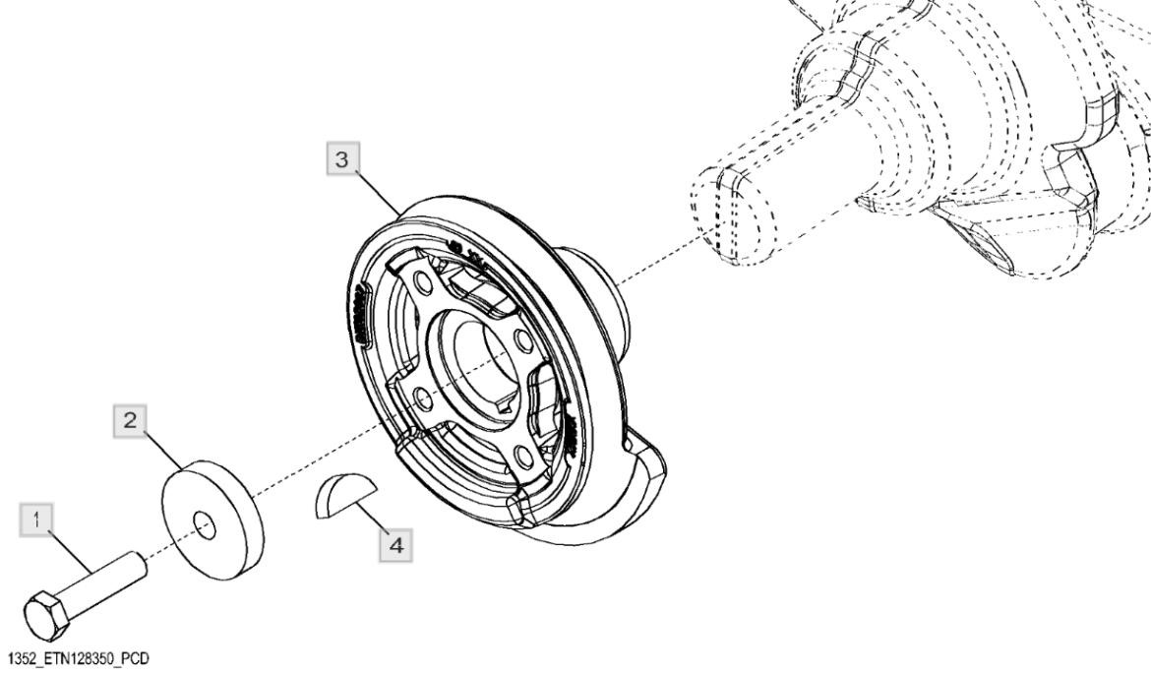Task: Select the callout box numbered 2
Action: pyautogui.click(x=130, y=420)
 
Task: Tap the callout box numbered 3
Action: pyautogui.click(x=341, y=159)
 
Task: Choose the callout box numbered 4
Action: pyautogui.click(x=396, y=545)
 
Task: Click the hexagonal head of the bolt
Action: pyautogui.click(x=48, y=614)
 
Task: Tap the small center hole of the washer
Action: pyautogui.click(x=205, y=526)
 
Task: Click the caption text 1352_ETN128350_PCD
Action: pyautogui.click(x=77, y=658)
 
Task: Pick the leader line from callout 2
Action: pyautogui.click(x=162, y=450)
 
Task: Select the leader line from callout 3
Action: pyautogui.click(x=378, y=193)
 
